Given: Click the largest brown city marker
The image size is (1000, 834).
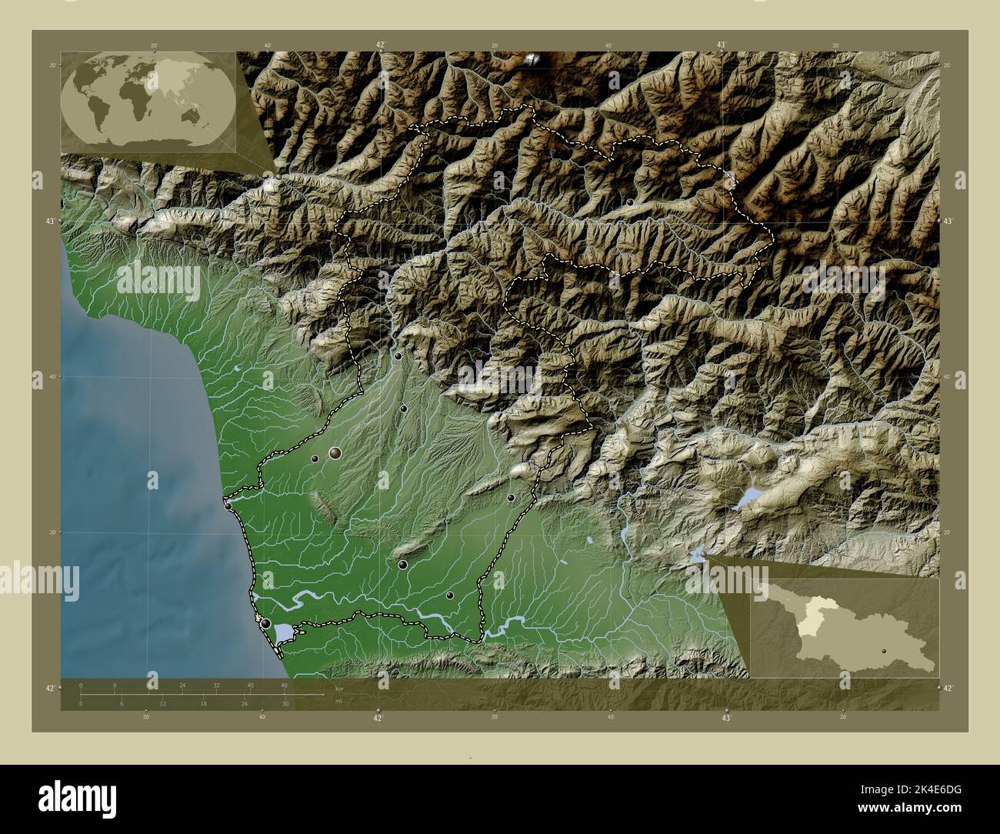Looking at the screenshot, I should click(335, 453).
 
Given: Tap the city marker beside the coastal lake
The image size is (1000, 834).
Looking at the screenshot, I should click(266, 624).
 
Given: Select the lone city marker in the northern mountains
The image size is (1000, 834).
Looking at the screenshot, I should click(631, 202).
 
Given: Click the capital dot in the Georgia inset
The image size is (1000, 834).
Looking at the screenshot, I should click(885, 650).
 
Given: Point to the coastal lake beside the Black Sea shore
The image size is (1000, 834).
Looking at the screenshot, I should click(285, 632).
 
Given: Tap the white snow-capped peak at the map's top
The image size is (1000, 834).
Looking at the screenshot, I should click(532, 58).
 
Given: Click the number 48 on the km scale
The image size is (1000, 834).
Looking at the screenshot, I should click(284, 685).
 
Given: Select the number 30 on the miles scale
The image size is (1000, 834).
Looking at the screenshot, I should click(285, 704).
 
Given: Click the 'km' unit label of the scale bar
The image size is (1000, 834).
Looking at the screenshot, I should click(338, 689).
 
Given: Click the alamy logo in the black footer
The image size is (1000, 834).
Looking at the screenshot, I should click(77, 797).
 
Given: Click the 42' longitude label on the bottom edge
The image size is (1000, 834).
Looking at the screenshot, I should click(378, 718).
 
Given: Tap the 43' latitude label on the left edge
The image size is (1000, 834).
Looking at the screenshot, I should click(52, 222).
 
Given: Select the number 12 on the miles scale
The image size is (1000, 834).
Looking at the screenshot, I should click(163, 704).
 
